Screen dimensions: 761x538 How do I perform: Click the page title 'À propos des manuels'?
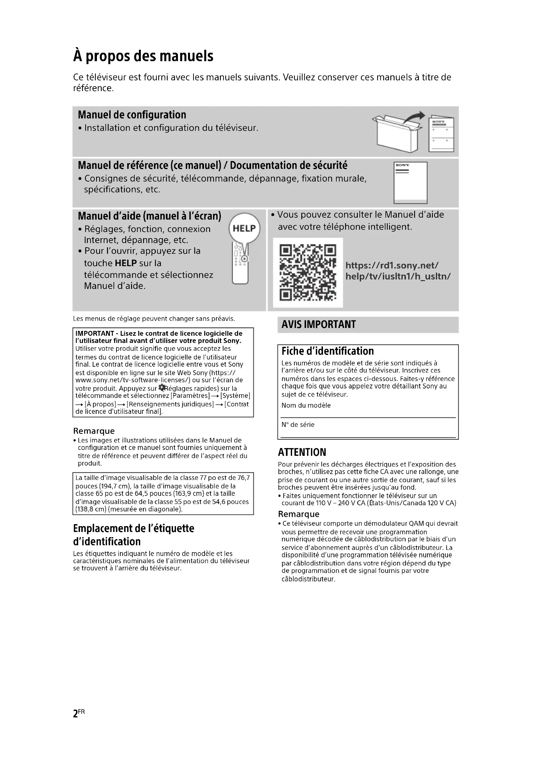(143, 56)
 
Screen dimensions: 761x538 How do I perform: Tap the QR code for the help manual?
(308, 272)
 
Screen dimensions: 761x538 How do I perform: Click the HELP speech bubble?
(245, 228)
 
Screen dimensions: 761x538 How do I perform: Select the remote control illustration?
(240, 265)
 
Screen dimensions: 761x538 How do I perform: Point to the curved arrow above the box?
(414, 118)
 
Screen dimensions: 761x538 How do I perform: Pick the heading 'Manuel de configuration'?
(132, 115)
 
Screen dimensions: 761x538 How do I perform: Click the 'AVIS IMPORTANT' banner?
(319, 324)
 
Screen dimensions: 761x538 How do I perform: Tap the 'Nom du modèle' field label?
(306, 405)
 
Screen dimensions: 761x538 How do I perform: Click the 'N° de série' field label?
(298, 425)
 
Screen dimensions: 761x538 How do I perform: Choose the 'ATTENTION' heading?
(302, 453)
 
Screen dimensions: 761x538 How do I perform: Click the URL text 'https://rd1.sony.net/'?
(392, 265)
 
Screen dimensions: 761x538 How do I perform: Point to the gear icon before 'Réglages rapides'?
(162, 387)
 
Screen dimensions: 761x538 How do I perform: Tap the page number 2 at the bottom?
(75, 713)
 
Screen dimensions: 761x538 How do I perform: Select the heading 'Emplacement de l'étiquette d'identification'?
(133, 535)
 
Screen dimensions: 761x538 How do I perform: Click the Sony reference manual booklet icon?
(410, 183)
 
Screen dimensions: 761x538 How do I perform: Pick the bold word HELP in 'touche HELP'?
(126, 263)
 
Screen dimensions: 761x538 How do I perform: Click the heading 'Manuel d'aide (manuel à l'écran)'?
(149, 216)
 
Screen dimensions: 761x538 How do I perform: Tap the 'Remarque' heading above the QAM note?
(299, 514)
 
